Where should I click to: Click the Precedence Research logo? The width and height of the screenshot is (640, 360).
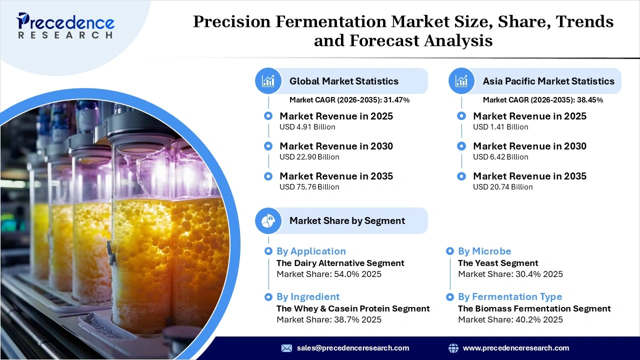(65, 26)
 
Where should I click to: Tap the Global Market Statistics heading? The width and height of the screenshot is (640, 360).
(344, 81)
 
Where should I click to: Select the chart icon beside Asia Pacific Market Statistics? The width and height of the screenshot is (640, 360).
(461, 80)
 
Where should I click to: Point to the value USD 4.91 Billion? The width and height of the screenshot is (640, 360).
(307, 127)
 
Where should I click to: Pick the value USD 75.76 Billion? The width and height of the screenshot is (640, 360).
(309, 187)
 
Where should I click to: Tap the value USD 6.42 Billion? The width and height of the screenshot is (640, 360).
(500, 157)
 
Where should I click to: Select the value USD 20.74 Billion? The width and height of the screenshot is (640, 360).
(502, 187)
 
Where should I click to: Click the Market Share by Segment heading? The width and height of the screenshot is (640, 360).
(347, 220)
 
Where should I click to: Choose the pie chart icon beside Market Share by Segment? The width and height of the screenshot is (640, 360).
(268, 220)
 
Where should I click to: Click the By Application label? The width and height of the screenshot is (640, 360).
(311, 251)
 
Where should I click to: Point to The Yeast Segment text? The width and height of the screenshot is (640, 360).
(498, 263)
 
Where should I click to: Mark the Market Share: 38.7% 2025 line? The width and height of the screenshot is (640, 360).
(328, 319)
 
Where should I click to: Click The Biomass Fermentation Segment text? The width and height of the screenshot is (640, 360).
(534, 308)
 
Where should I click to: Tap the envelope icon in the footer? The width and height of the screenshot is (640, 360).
(286, 348)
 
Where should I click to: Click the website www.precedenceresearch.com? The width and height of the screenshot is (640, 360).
(515, 348)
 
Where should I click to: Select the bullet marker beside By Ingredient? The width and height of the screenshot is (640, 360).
(268, 296)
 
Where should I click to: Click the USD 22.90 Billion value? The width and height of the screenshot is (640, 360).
(309, 157)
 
